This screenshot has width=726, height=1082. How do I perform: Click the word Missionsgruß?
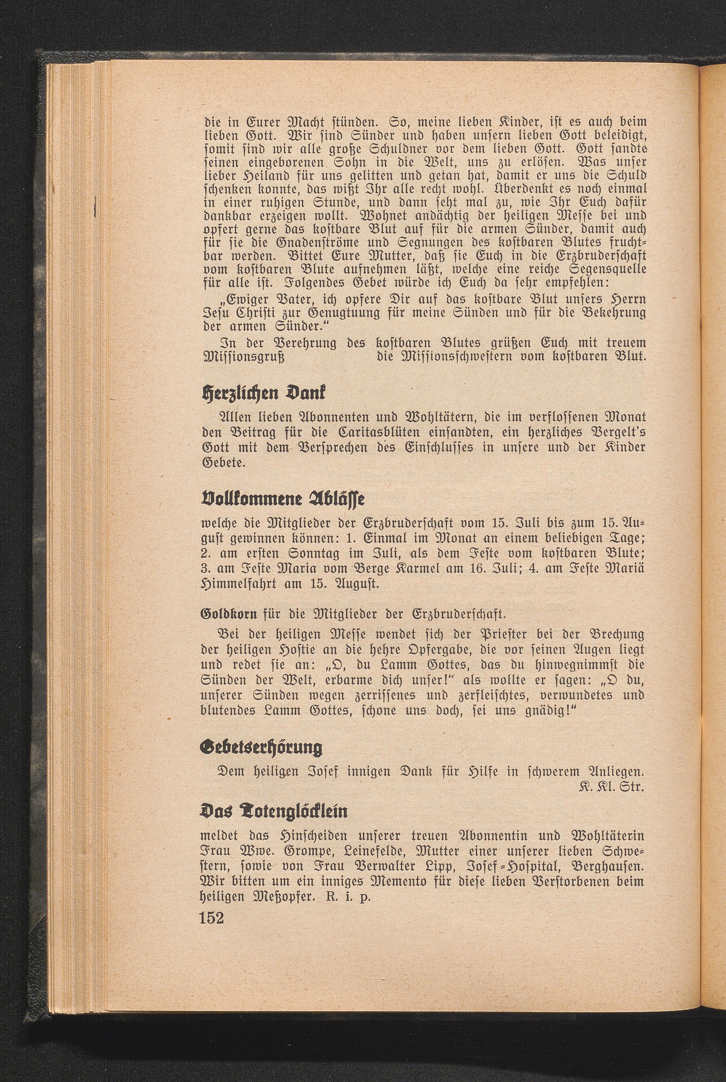pyautogui.click(x=244, y=358)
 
